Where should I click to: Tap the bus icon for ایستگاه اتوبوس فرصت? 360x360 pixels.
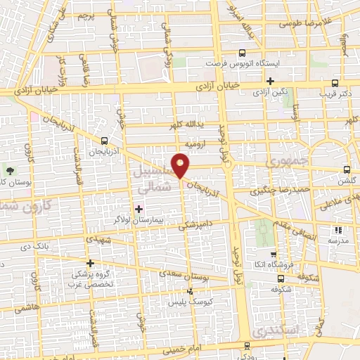(241, 52)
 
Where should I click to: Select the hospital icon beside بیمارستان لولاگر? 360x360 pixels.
(139, 209)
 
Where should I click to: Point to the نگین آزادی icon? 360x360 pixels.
(269, 81)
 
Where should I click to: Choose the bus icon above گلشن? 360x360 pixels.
(346, 169)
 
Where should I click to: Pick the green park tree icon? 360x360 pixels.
(10, 171)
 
